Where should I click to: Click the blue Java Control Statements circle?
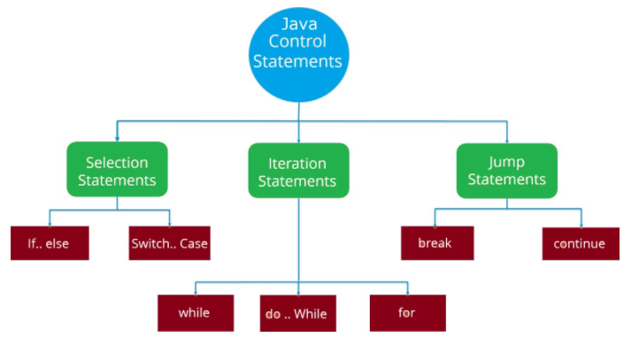pyautogui.click(x=299, y=55)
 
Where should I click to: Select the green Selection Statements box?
pyautogui.click(x=117, y=169)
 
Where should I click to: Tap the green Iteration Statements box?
pyautogui.click(x=299, y=170)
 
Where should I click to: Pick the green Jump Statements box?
pyautogui.click(x=507, y=171)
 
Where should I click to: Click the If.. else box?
pyautogui.click(x=50, y=243)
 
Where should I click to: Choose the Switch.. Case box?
pyautogui.click(x=170, y=243)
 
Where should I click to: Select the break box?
pyautogui.click(x=437, y=243)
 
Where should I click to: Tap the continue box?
pyautogui.click(x=581, y=243)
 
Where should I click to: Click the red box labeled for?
pyautogui.click(x=407, y=313)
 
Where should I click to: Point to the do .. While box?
pyautogui.click(x=298, y=313)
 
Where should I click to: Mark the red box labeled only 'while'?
pyautogui.click(x=196, y=313)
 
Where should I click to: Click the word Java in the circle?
pyautogui.click(x=299, y=24)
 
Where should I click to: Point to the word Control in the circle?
pyautogui.click(x=297, y=42)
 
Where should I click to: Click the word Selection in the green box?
pyautogui.click(x=117, y=163)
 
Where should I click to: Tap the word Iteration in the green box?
pyautogui.click(x=297, y=164)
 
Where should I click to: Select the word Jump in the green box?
pyautogui.click(x=506, y=163)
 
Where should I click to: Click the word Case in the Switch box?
pyautogui.click(x=194, y=243)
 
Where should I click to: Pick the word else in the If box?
pyautogui.click(x=57, y=243)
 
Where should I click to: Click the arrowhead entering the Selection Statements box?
pyautogui.click(x=117, y=139)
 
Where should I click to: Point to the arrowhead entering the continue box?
pyautogui.click(x=581, y=225)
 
